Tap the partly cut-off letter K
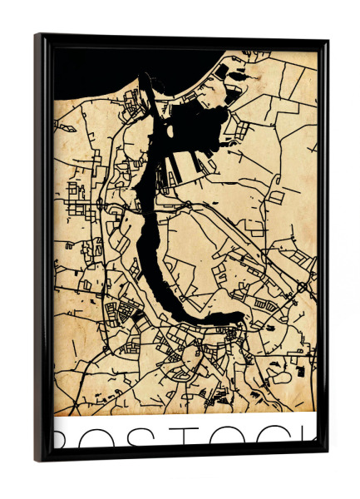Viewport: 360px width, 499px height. click(x=308, y=437)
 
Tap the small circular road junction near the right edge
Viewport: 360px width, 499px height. click(x=302, y=286)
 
